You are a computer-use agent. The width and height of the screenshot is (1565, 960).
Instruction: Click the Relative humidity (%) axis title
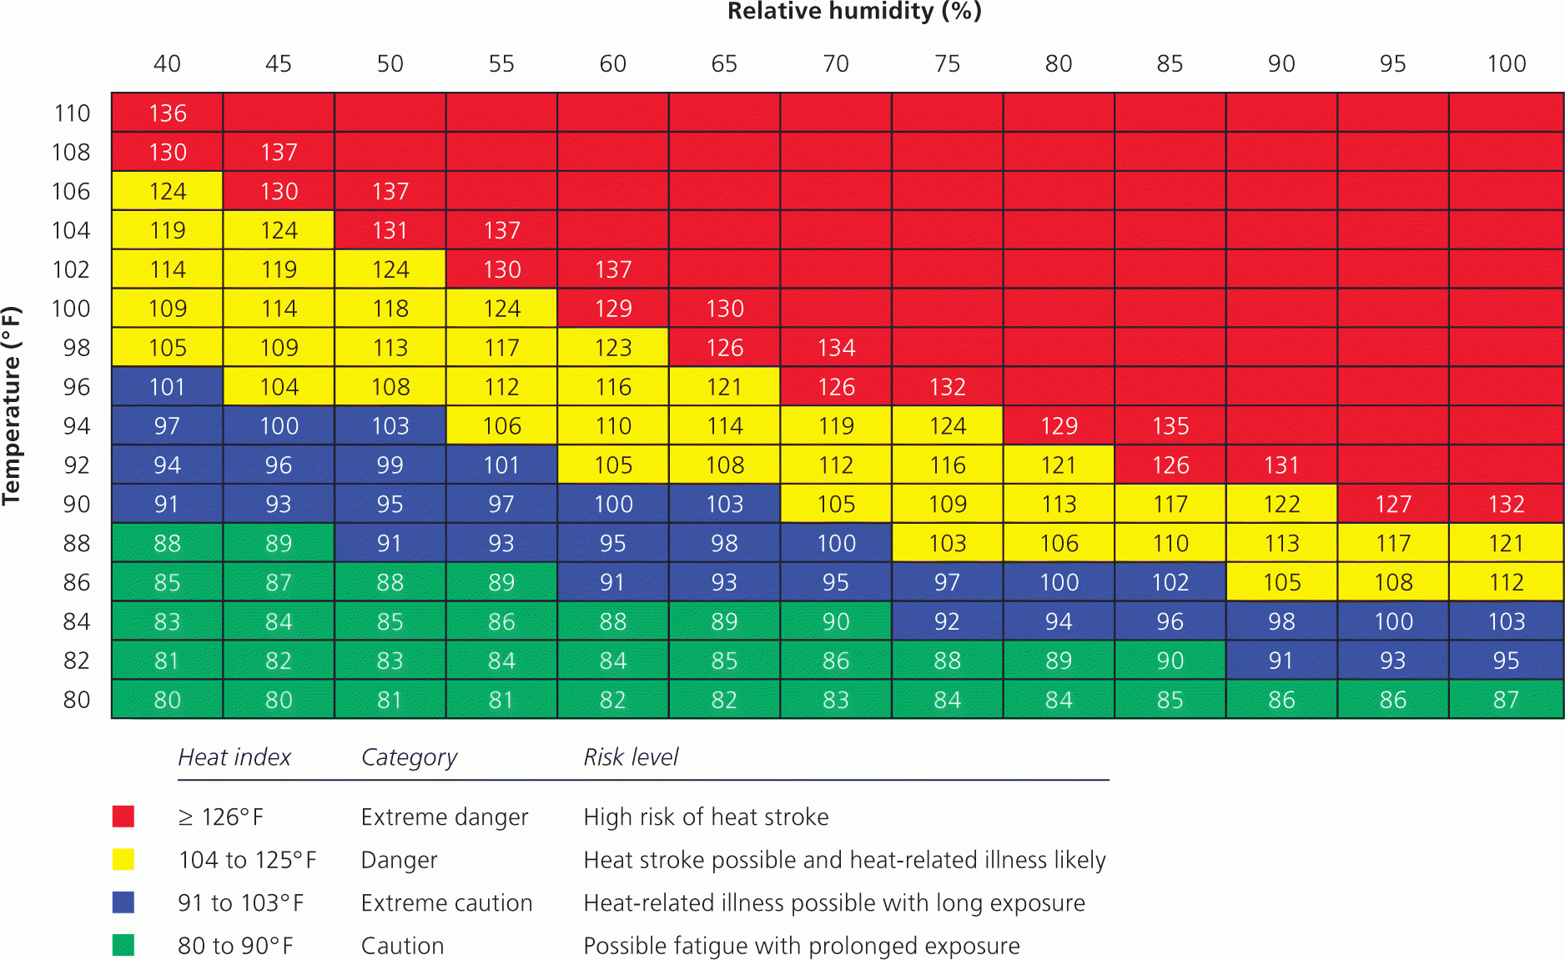(854, 12)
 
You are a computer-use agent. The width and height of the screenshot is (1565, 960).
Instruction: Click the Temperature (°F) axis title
(12, 406)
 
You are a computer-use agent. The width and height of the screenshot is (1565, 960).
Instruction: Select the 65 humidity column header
(724, 64)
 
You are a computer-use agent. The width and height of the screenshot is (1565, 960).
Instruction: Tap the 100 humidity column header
(1506, 64)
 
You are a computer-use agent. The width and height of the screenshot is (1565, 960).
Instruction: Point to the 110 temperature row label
(72, 113)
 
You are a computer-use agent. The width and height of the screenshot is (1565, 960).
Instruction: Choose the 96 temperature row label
(76, 387)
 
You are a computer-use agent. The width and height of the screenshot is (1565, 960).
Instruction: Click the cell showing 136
(168, 113)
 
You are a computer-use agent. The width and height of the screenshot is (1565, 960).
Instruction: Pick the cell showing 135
(1170, 426)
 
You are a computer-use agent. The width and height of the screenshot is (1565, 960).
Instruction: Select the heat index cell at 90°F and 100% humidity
(1506, 504)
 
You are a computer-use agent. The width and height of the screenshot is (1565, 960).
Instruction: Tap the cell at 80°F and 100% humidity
(1506, 700)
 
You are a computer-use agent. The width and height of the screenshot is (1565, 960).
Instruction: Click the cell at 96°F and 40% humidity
(168, 387)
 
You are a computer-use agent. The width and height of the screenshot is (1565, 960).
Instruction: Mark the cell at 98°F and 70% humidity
(836, 348)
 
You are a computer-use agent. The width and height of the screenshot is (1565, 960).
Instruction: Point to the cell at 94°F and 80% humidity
(1059, 426)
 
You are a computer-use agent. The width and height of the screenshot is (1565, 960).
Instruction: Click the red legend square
(123, 817)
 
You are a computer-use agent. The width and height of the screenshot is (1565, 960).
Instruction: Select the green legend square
(123, 945)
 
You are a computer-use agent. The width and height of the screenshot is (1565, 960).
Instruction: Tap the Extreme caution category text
(446, 903)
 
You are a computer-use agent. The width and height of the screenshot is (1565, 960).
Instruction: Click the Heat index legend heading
(234, 757)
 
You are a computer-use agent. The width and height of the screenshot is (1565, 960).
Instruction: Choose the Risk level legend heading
(631, 757)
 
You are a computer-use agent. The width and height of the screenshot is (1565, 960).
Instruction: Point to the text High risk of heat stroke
(706, 817)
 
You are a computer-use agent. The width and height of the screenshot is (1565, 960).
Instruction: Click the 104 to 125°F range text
(247, 860)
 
